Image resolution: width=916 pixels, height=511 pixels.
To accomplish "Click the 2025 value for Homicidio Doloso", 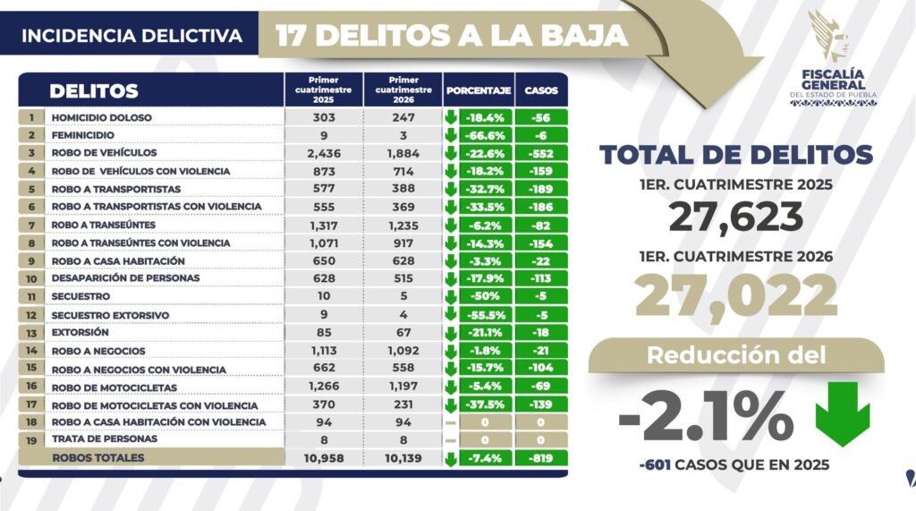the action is pos(324,117).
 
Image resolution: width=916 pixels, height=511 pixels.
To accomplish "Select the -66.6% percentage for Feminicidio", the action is pos(486,135).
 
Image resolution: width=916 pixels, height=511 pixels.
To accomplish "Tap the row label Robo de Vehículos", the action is pos(104,153).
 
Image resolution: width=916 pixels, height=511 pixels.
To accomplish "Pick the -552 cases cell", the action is pos(541,154).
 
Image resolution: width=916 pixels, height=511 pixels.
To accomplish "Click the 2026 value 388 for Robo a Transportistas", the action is pos(403,188).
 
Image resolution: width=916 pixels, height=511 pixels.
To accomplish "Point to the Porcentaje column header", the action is pos(479,90).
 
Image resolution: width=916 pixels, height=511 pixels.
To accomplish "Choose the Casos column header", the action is pos(541,90).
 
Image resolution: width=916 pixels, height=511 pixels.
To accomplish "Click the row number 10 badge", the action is pos(31,279).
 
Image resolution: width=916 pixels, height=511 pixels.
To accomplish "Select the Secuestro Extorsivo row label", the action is pos(110,315).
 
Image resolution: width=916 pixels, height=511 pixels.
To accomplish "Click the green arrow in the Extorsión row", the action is pos(451,333).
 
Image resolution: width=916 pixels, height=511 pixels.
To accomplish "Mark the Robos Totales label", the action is pos(98,458).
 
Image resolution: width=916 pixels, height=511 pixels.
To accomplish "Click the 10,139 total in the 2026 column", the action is pos(403,458).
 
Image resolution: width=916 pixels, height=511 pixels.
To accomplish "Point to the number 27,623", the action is pos(736,217).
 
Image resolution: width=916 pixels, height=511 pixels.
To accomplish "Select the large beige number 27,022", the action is pos(736,296).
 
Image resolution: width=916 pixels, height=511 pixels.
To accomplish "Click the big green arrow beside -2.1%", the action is pos(843,414).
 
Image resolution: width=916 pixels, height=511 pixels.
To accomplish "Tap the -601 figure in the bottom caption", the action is pos(654,464).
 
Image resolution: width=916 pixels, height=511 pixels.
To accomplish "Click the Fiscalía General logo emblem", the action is pos(828,37).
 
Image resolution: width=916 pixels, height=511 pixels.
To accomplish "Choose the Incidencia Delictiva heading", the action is pos(132,36).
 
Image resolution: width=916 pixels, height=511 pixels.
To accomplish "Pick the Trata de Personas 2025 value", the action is pos(324,439).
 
